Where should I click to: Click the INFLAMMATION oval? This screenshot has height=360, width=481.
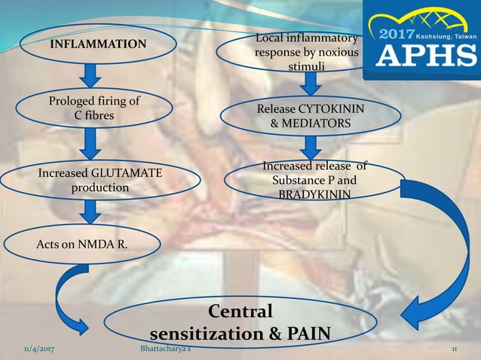[98, 45]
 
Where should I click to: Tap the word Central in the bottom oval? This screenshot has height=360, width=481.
[240, 312]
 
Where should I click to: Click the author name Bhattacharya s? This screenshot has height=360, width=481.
[170, 350]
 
